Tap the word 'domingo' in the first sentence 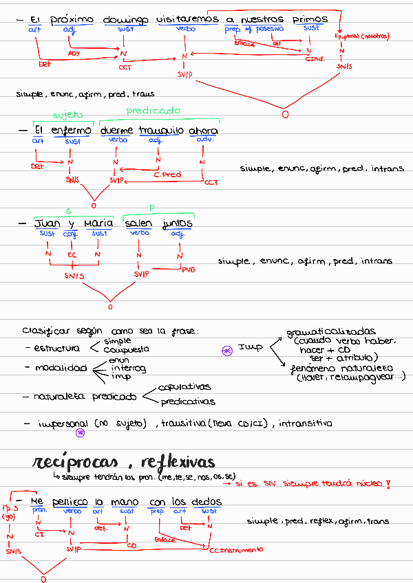pyautogui.click(x=125, y=21)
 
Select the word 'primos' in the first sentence pyautogui.click(x=310, y=20)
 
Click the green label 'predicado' pyautogui.click(x=153, y=111)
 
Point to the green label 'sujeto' pyautogui.click(x=67, y=115)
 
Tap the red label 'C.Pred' pyautogui.click(x=167, y=175)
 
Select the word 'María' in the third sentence pyautogui.click(x=98, y=223)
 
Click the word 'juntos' pyautogui.click(x=178, y=223)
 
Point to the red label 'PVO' pyautogui.click(x=188, y=270)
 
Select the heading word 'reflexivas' pyautogui.click(x=175, y=461)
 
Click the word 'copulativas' pyautogui.click(x=184, y=387)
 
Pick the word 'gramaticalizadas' pyautogui.click(x=331, y=332)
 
